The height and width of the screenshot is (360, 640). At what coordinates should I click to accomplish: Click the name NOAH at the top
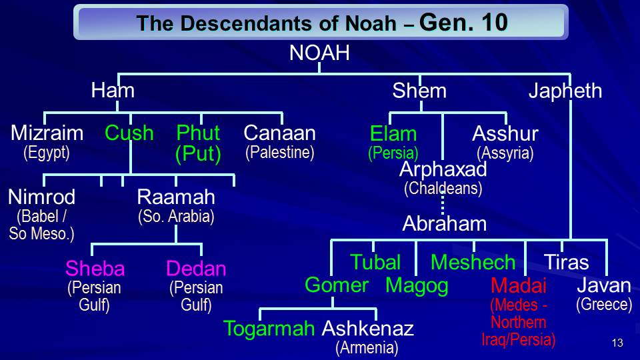[x=319, y=53]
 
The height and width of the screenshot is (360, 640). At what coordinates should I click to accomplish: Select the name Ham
[x=113, y=90]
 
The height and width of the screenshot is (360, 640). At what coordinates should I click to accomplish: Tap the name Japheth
[x=565, y=91]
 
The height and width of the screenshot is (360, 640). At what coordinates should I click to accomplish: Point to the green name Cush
[x=129, y=133]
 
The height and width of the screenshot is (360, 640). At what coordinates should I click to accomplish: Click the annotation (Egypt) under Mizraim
[x=47, y=153]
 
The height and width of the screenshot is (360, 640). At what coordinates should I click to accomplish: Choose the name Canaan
[x=279, y=133]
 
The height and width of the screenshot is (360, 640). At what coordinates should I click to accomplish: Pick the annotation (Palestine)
[x=280, y=153]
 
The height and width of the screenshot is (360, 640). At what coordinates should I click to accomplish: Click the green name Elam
[x=393, y=134]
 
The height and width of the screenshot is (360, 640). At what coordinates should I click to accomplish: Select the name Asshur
[x=505, y=133]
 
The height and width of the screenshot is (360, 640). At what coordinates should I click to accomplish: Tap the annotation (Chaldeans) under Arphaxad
[x=443, y=189]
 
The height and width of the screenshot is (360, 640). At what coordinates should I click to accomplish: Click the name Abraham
[x=445, y=224]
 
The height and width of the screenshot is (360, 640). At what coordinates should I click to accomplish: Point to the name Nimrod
[x=41, y=197]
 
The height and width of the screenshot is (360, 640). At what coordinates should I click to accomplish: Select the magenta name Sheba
[x=95, y=269]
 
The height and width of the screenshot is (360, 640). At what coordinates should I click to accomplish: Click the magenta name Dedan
[x=196, y=269]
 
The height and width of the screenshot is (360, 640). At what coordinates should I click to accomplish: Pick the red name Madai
[x=519, y=285]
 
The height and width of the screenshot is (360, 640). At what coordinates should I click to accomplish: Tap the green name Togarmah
[x=269, y=329]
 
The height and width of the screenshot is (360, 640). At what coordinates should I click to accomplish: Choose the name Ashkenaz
[x=368, y=329]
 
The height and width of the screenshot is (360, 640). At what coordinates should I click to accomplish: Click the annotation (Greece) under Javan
[x=604, y=305]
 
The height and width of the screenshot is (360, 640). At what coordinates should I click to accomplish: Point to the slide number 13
[x=617, y=343]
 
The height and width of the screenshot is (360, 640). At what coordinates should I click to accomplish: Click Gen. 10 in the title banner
[x=464, y=23]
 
